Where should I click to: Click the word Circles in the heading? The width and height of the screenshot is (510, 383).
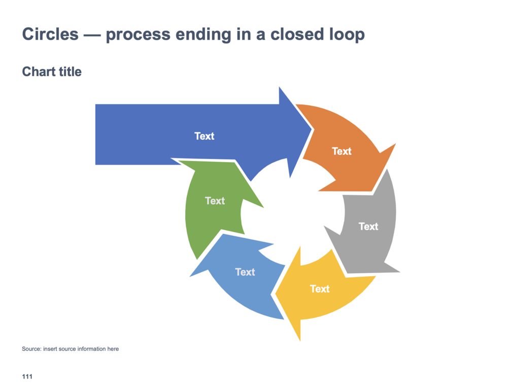pos(50,35)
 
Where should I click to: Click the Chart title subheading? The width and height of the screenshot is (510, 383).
pos(52,72)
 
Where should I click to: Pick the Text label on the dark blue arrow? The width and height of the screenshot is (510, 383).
pos(205,136)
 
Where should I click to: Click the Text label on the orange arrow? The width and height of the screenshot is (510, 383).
pos(342,151)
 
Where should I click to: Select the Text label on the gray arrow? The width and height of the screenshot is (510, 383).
pos(368,226)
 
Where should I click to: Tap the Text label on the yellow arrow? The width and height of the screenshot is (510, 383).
pos(320,289)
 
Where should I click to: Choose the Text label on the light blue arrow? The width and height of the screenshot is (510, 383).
pos(245,272)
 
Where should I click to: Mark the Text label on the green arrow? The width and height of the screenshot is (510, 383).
pos(215,201)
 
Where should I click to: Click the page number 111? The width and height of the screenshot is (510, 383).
pos(27,376)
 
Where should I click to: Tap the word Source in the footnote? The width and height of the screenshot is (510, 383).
pos(31,349)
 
